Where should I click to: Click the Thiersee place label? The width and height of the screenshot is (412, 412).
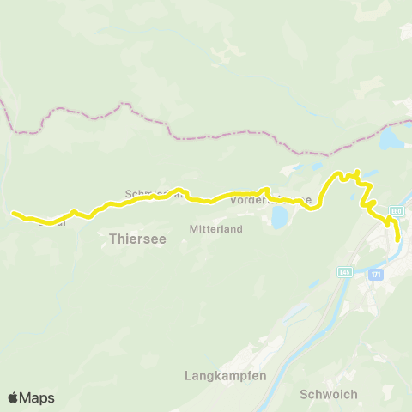tap(137, 239)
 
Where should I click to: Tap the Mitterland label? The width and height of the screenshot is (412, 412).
tap(215, 229)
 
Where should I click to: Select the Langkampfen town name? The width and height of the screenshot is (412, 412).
tap(226, 376)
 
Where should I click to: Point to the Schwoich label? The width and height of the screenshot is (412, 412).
tap(329, 394)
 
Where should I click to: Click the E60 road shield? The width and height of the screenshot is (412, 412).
tap(396, 211)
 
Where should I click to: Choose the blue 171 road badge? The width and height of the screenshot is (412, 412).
tap(376, 274)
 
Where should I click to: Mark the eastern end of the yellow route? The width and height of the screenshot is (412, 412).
tap(397, 240)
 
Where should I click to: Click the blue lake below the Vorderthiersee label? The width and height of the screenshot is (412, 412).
tap(279, 216)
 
